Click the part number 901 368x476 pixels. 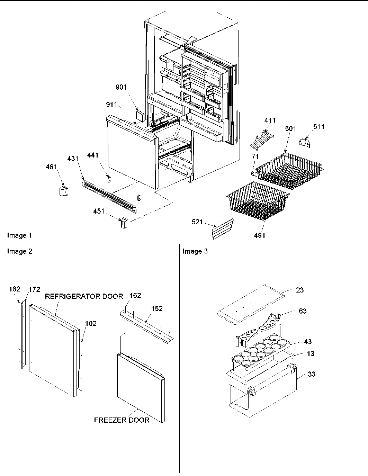click(x=121, y=88)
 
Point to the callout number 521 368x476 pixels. click(x=197, y=222)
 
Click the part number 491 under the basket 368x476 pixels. click(x=259, y=235)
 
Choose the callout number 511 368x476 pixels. click(x=319, y=127)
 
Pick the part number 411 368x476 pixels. click(x=270, y=120)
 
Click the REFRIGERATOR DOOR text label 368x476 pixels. click(x=84, y=296)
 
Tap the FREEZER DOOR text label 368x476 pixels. click(x=122, y=420)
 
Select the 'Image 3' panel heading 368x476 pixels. click(x=195, y=251)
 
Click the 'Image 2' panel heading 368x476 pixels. click(x=20, y=251)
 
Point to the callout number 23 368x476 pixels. click(x=300, y=290)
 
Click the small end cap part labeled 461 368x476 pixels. click(x=63, y=190)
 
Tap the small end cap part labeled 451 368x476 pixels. click(x=124, y=223)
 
